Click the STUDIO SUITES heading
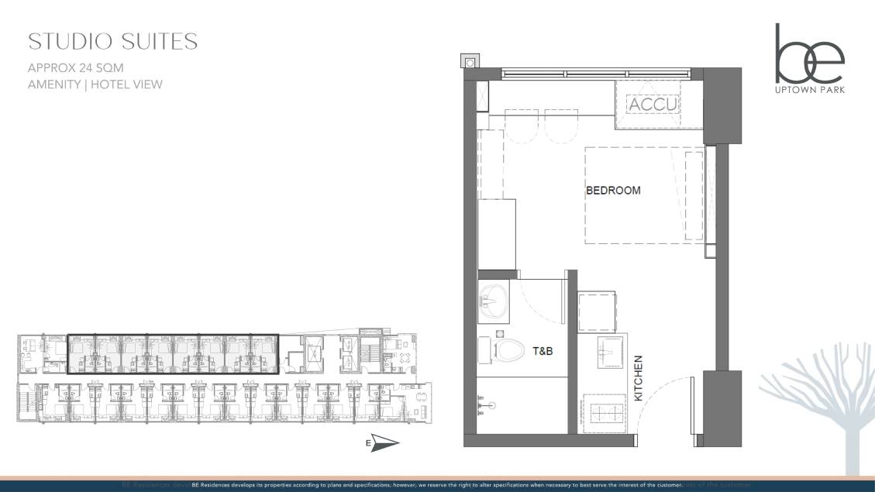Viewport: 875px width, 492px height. pyautogui.click(x=112, y=41)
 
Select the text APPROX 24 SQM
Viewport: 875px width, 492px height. pyautogui.click(x=75, y=67)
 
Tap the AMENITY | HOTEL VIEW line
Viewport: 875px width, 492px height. pyautogui.click(x=95, y=84)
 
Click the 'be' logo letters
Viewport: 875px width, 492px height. pyautogui.click(x=809, y=55)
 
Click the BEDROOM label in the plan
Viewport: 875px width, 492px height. pyautogui.click(x=613, y=191)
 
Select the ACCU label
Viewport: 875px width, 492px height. pyautogui.click(x=653, y=104)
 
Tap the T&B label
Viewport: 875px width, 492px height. pyautogui.click(x=542, y=351)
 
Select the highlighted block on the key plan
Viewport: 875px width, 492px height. pyautogui.click(x=172, y=354)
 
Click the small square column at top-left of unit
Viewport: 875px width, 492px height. pyautogui.click(x=470, y=60)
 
